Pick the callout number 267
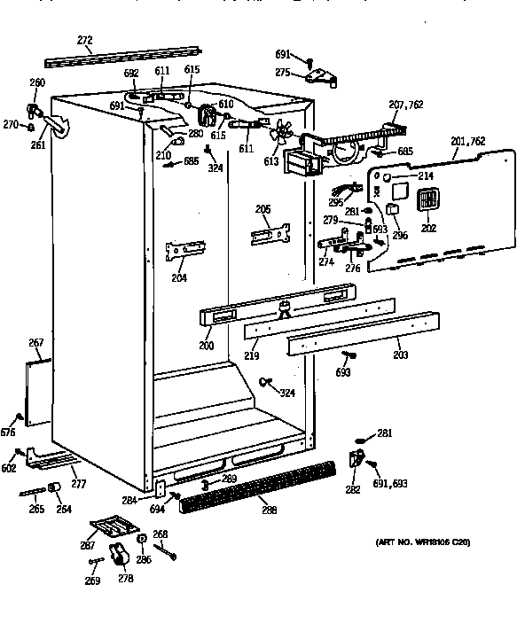click(36, 343)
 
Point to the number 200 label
click(207, 346)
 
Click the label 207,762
click(406, 105)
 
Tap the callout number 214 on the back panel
click(426, 176)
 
